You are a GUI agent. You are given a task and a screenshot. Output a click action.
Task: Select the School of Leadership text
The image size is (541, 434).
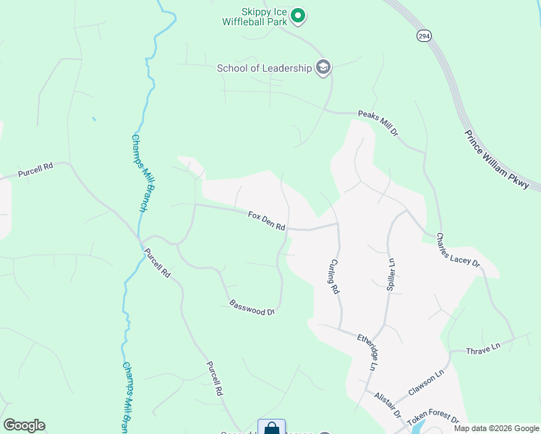click(x=264, y=69)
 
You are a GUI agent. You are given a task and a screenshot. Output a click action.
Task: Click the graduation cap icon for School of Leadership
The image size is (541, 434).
click(x=323, y=68)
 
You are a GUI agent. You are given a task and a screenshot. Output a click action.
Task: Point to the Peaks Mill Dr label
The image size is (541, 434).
click(x=378, y=124)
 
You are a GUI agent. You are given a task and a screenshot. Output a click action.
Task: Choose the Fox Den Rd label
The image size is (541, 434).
click(x=267, y=221)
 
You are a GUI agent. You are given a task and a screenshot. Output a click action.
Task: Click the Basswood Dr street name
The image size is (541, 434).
click(x=252, y=308)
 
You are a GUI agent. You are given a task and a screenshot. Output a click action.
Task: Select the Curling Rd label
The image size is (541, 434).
click(x=335, y=276)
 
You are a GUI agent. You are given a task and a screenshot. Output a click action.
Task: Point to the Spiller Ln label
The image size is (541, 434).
click(x=391, y=273)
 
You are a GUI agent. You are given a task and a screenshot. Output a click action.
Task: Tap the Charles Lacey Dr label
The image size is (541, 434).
click(x=459, y=250)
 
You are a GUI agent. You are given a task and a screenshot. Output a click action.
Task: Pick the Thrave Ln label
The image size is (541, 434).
click(x=483, y=349)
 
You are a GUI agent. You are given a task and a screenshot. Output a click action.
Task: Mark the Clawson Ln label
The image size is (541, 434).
click(x=425, y=383)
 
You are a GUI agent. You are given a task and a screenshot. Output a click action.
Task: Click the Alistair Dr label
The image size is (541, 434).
click(x=387, y=405)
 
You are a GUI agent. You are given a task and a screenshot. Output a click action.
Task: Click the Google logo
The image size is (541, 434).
click(x=24, y=425)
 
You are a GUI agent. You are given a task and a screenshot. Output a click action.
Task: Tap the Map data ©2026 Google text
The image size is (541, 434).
click(x=497, y=428)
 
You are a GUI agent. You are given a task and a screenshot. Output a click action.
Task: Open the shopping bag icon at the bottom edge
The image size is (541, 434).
click(x=271, y=427)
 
